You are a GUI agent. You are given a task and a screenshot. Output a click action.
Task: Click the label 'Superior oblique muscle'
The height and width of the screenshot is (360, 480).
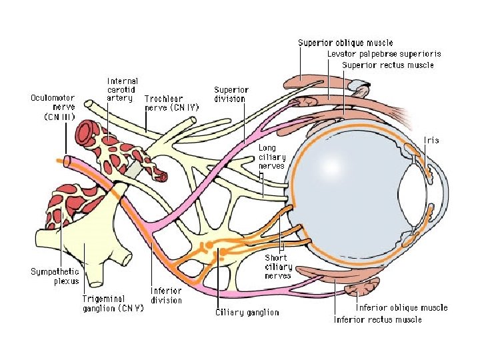(345, 43)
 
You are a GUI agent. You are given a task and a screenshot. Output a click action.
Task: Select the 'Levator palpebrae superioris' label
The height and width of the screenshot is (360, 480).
(383, 54)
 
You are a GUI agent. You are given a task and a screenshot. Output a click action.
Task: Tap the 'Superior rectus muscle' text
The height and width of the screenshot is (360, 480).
(387, 65)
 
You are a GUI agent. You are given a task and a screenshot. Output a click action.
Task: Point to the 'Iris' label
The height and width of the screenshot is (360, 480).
(431, 141)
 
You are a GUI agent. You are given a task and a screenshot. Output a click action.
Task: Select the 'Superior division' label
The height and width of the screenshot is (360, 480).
(231, 94)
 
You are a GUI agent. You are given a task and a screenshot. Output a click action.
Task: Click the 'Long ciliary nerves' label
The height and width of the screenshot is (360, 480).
(271, 157)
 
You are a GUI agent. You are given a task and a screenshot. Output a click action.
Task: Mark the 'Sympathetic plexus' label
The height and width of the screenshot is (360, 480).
(55, 276)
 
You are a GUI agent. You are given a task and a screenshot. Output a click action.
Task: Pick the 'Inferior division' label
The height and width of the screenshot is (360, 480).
(166, 295)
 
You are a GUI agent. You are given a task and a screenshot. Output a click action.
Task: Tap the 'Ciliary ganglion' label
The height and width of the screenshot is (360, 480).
(247, 312)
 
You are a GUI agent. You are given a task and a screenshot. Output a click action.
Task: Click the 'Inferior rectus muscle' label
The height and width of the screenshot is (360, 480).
(377, 319)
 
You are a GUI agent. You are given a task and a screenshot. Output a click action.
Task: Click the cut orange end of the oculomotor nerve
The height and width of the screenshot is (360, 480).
(61, 161)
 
